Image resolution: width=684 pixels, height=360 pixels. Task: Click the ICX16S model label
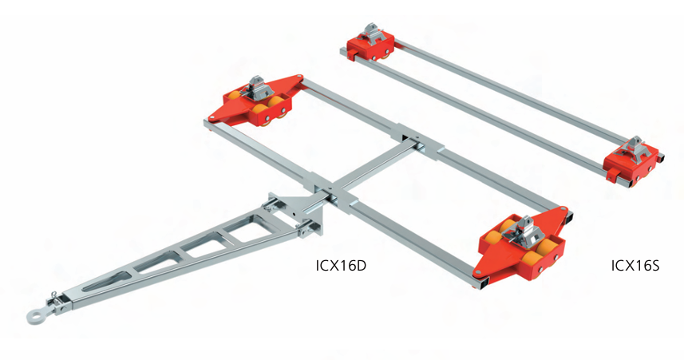635,265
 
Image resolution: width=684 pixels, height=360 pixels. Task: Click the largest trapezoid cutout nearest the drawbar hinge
239,232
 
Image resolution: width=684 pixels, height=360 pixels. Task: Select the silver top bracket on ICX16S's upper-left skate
371,34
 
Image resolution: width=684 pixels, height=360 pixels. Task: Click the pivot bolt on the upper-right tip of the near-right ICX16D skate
568,213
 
